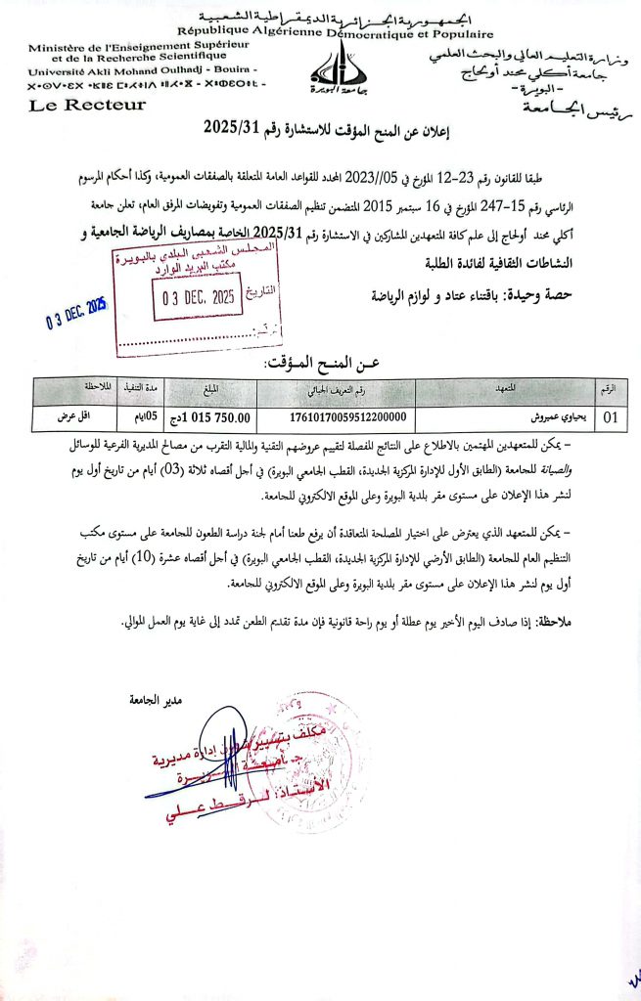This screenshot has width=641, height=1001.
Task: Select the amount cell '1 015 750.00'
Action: (x=210, y=417)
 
